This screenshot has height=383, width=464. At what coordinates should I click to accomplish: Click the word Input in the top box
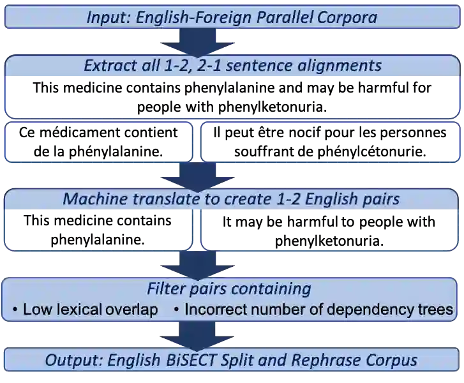(107, 17)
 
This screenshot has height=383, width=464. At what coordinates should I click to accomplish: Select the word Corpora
(348, 17)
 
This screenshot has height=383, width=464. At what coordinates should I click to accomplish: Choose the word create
(244, 199)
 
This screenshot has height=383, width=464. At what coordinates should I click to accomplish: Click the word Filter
(168, 289)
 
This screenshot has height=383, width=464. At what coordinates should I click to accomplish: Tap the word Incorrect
(214, 310)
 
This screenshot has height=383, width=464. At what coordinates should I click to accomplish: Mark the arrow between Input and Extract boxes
(204, 42)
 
